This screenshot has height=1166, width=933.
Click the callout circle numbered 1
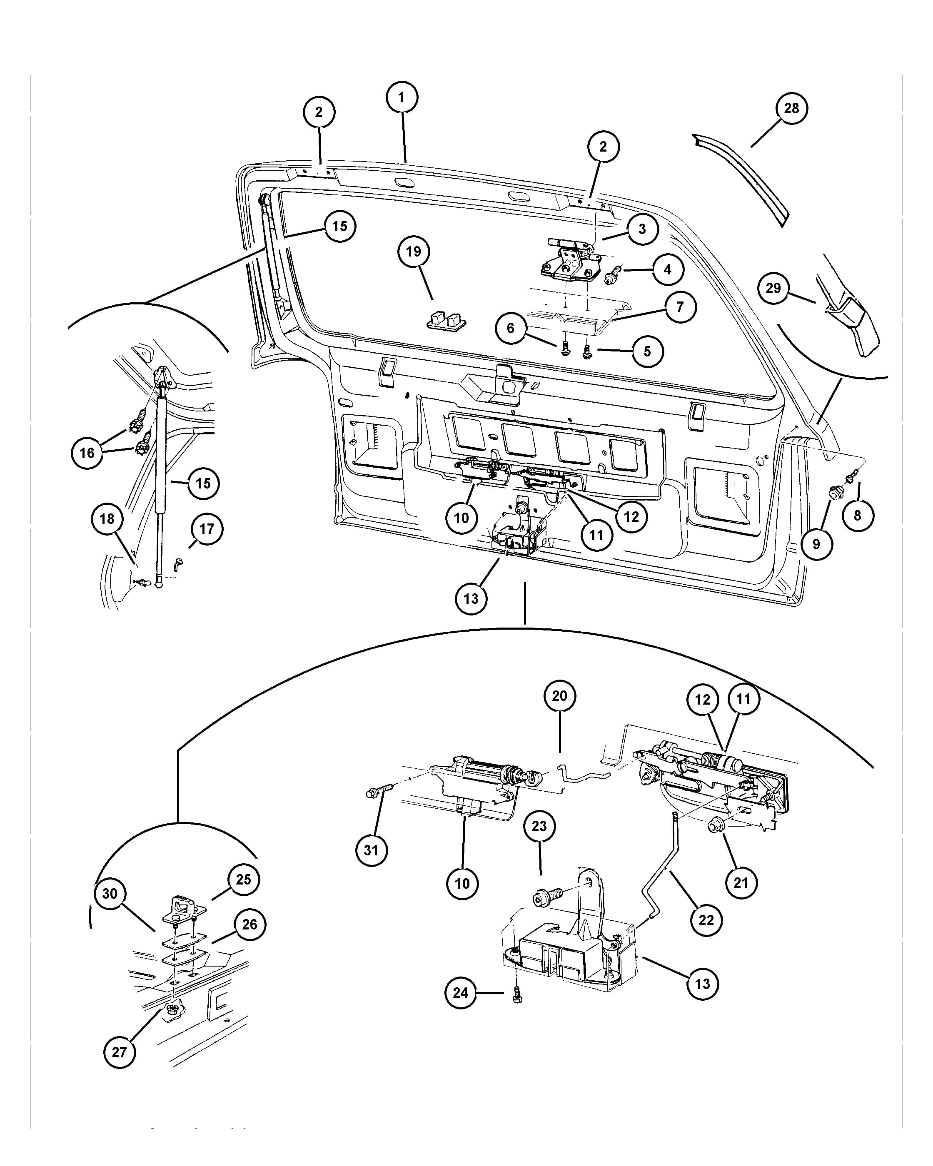pos(402,97)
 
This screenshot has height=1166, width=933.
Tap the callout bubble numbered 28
pos(791,108)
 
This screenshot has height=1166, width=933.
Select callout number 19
pos(413,252)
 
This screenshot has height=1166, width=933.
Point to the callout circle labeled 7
pos(680,306)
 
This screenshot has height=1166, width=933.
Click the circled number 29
pos(773,288)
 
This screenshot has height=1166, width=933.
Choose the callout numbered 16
pos(87,453)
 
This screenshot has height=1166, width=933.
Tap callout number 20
pos(559,695)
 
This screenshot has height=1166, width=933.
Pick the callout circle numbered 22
pos(706,919)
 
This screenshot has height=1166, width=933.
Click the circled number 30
pos(110,893)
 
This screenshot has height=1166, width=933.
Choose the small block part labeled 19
pos(446,320)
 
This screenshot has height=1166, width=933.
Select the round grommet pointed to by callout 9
pos(836,493)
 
